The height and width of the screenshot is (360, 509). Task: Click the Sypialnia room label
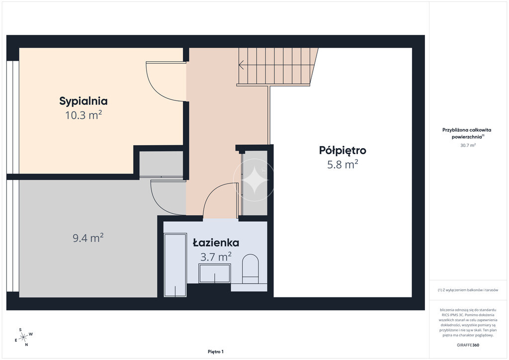[83, 101]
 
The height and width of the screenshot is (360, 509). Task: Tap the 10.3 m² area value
[84, 115]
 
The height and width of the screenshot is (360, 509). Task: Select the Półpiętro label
[342, 151]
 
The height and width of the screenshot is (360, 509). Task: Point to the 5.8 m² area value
[342, 164]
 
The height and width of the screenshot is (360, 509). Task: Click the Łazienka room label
[216, 243]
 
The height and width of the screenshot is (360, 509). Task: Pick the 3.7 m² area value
[216, 257]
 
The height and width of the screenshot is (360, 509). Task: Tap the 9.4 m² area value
[88, 238]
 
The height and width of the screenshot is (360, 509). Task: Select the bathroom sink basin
[215, 273]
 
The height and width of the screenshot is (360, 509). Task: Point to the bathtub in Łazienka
[175, 265]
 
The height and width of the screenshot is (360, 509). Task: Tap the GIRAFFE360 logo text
[468, 345]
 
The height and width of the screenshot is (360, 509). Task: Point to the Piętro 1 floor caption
[216, 352]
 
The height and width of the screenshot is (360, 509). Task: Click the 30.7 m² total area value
[468, 145]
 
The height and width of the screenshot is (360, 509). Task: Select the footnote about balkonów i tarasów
[468, 290]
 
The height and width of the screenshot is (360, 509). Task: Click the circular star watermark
[254, 180]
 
